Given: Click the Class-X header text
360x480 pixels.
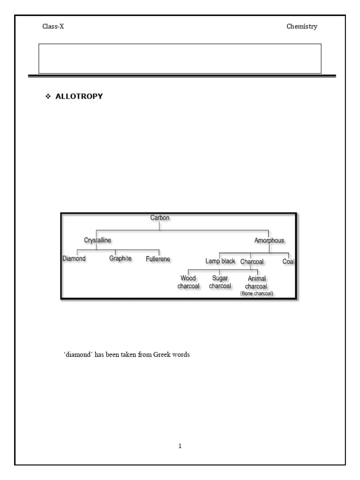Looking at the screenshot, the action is pyautogui.click(x=53, y=27).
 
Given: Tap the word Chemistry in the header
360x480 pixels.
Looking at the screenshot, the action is pyautogui.click(x=302, y=27).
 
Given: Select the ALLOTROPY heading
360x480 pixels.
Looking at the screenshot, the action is pyautogui.click(x=79, y=97).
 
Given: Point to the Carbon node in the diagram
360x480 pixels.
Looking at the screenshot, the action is pyautogui.click(x=159, y=218).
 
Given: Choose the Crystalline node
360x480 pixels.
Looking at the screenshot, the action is pyautogui.click(x=97, y=240).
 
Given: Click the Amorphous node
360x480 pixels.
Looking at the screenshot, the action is pyautogui.click(x=269, y=240).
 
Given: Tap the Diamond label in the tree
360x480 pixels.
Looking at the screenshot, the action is pyautogui.click(x=74, y=258).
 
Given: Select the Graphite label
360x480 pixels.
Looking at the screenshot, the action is pyautogui.click(x=120, y=258).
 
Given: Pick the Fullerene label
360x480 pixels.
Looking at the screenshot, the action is pyautogui.click(x=158, y=259).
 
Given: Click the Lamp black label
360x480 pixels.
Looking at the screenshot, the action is pyautogui.click(x=220, y=261).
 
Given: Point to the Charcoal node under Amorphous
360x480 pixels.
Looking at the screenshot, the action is pyautogui.click(x=252, y=262).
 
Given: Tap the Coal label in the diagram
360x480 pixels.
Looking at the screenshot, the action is pyautogui.click(x=288, y=262).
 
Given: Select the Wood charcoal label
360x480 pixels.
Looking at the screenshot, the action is pyautogui.click(x=188, y=282).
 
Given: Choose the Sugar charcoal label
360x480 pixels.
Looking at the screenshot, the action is pyautogui.click(x=220, y=282).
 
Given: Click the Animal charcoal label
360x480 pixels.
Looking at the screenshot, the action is pyautogui.click(x=256, y=283).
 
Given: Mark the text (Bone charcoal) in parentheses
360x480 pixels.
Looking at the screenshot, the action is pyautogui.click(x=256, y=293).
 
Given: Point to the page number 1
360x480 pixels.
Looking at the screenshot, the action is pyautogui.click(x=180, y=446).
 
